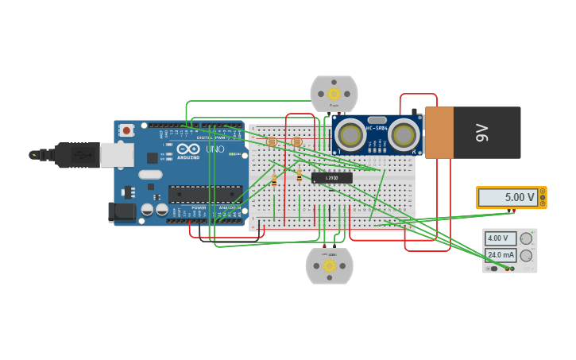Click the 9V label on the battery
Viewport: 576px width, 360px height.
pyautogui.click(x=481, y=133)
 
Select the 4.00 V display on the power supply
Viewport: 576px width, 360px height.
pyautogui.click(x=501, y=238)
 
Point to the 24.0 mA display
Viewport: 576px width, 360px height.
pyautogui.click(x=501, y=255)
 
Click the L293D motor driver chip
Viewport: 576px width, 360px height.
pyautogui.click(x=331, y=178)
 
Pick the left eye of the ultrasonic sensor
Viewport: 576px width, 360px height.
pyautogui.click(x=350, y=133)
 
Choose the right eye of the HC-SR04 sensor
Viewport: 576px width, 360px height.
pyautogui.click(x=404, y=134)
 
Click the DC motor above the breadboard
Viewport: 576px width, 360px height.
pyautogui.click(x=334, y=94)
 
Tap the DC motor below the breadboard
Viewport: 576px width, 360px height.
pyautogui.click(x=329, y=265)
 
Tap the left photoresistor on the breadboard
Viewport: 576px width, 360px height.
pyautogui.click(x=272, y=142)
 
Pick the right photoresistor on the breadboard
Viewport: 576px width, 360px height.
pyautogui.click(x=297, y=142)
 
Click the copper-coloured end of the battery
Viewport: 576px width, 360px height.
pyautogui.click(x=439, y=133)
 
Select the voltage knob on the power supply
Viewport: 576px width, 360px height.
pyautogui.click(x=526, y=238)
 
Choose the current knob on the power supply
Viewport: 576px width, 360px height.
pyautogui.click(x=526, y=255)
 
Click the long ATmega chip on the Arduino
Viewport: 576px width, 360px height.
pyautogui.click(x=205, y=194)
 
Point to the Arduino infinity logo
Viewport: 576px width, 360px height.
pyautogui.click(x=188, y=149)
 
